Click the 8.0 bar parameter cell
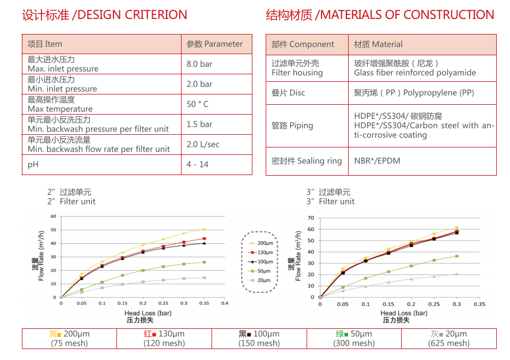pyautogui.click(x=199, y=64)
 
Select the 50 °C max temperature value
pyautogui.click(x=198, y=104)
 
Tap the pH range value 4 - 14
pyautogui.click(x=198, y=165)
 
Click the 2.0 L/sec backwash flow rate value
pyautogui.click(x=203, y=145)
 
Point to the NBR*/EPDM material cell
pyautogui.click(x=377, y=161)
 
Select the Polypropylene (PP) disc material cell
pyautogui.click(x=414, y=93)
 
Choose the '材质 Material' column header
pyautogui.click(x=379, y=44)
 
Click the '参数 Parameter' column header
pyautogui.click(x=215, y=44)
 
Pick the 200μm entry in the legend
pyautogui.click(x=265, y=243)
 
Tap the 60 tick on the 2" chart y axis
pyautogui.click(x=54, y=217)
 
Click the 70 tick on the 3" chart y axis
pyautogui.click(x=311, y=218)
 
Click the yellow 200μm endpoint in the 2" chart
pyautogui.click(x=204, y=229)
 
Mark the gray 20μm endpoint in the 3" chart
pyautogui.click(x=457, y=274)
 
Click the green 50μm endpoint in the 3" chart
pyautogui.click(x=457, y=256)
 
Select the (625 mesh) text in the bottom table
pyautogui.click(x=448, y=343)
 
